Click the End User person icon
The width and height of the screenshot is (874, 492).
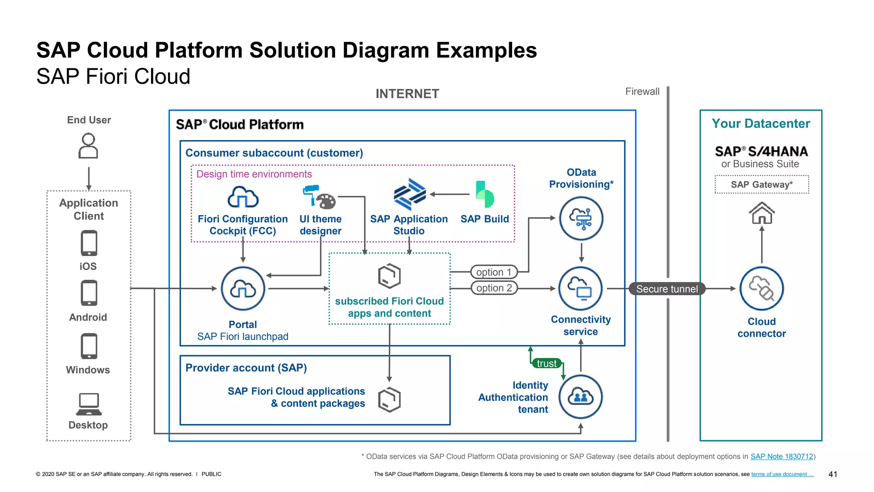(88, 146)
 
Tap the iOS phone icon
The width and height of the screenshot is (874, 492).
(89, 243)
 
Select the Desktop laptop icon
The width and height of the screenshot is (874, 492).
(89, 404)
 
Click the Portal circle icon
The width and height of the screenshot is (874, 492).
(243, 289)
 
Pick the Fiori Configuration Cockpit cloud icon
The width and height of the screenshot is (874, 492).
(243, 197)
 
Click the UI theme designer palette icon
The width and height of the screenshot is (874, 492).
(320, 197)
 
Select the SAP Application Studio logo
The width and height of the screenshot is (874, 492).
(410, 194)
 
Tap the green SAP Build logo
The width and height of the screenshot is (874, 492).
(484, 194)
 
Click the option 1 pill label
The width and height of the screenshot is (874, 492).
(494, 272)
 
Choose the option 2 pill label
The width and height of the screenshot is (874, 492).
(494, 288)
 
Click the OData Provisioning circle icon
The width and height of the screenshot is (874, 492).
(581, 218)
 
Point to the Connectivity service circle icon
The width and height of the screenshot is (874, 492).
(580, 289)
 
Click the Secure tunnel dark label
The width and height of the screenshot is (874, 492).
(667, 289)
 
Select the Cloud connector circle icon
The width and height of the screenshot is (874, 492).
(761, 289)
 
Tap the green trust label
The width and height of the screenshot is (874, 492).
(547, 363)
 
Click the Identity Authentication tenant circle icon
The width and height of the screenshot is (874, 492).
(580, 397)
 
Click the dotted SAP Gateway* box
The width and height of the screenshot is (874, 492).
(762, 184)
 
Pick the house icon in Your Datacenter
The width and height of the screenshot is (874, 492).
(762, 213)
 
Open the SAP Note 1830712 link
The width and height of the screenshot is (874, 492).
(782, 457)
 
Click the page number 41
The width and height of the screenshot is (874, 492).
(833, 474)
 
